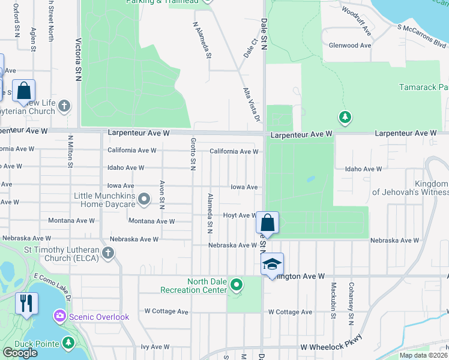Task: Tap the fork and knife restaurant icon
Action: pos(26,304)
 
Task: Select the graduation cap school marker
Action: pos(272,265)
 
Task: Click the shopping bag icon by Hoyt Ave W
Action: pos(267,223)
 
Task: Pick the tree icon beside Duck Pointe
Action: pos(68,343)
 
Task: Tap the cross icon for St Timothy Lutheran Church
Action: pos(108,253)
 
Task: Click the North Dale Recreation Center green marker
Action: pos(237,284)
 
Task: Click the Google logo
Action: pos(20,353)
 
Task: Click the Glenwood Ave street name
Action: pos(351,46)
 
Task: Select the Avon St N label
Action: pos(162,194)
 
